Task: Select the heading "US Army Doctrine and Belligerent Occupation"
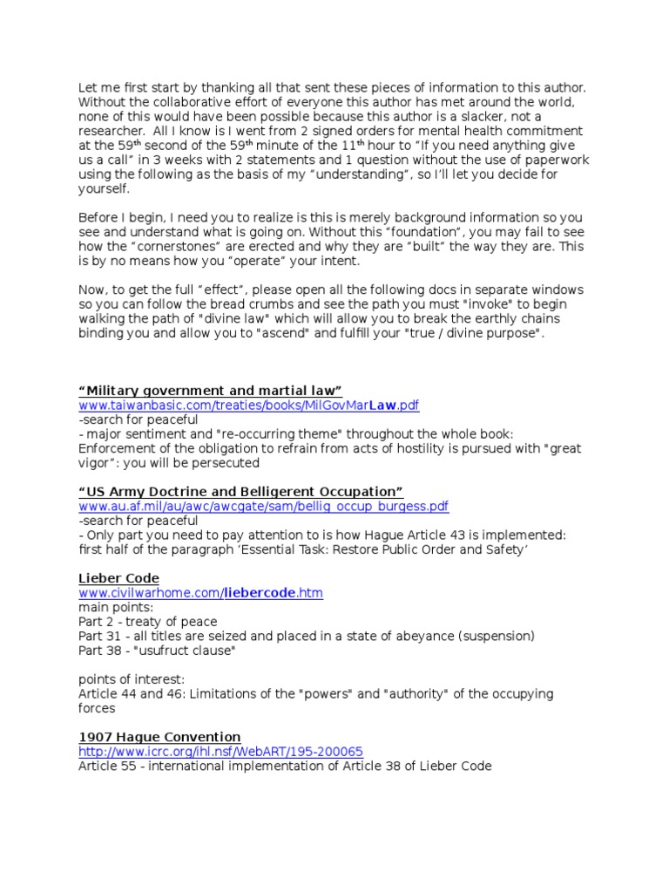[x=240, y=492]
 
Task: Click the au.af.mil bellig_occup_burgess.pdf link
[x=263, y=507]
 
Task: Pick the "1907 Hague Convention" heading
[x=159, y=737]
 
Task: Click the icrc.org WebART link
[x=220, y=752]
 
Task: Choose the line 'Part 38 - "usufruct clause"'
[x=157, y=651]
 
